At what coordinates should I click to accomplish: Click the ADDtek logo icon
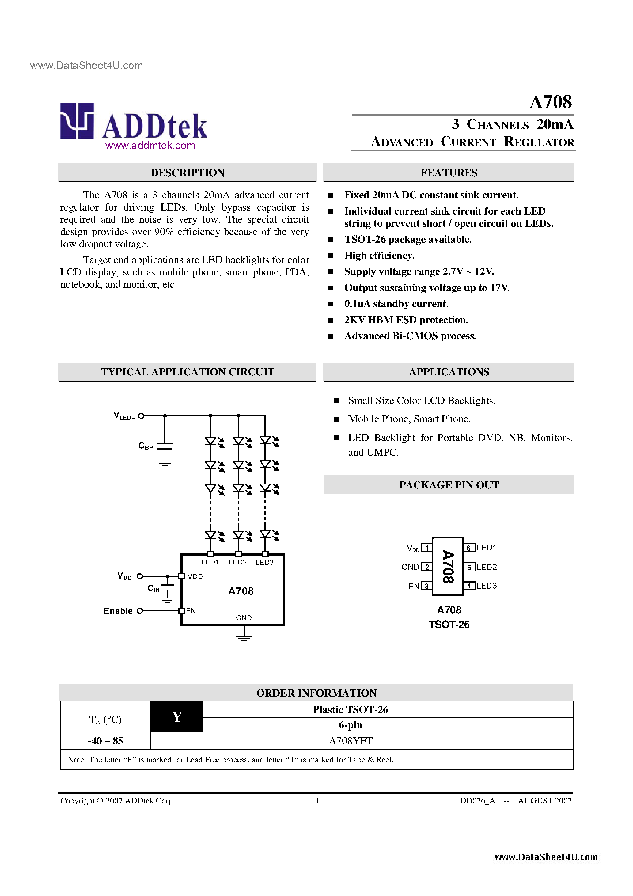(x=77, y=121)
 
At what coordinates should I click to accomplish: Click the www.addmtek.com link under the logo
(x=150, y=146)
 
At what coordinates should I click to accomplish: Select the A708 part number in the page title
(x=551, y=102)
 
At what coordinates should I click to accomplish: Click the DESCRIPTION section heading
(x=187, y=173)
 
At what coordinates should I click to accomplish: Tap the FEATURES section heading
(x=449, y=173)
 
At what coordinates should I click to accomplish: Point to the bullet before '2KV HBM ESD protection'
(x=331, y=321)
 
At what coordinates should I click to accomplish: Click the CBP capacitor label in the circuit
(x=146, y=446)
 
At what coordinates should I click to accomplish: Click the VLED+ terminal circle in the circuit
(x=142, y=416)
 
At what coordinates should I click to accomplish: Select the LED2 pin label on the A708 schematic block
(x=238, y=562)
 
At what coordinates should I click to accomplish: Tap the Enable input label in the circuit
(x=118, y=611)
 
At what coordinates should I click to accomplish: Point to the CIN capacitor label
(x=154, y=588)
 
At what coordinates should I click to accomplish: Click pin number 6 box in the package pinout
(x=469, y=548)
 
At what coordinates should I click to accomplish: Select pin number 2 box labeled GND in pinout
(x=427, y=567)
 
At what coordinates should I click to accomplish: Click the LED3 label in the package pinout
(x=487, y=586)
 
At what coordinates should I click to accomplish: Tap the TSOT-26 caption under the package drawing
(x=449, y=625)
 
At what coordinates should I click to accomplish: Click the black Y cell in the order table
(x=177, y=716)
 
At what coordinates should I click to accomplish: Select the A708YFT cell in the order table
(x=351, y=741)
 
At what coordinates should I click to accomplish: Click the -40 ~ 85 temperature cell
(x=105, y=741)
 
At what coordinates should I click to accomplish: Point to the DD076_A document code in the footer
(x=477, y=801)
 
